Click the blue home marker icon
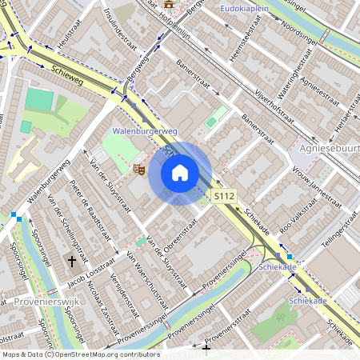180,173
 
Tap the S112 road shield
224,196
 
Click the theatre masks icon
138,169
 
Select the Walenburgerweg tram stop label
145,130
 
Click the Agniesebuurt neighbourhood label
328,149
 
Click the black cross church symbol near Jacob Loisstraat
71,261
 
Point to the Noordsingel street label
300,26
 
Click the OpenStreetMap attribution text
80,354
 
